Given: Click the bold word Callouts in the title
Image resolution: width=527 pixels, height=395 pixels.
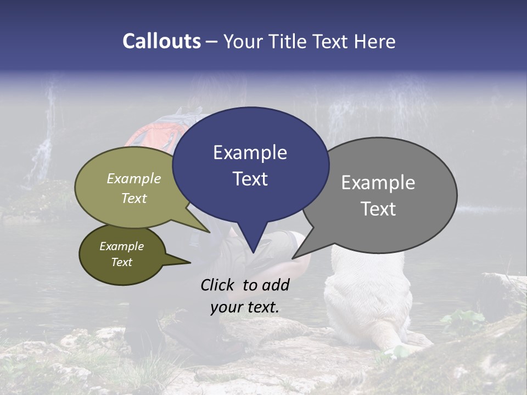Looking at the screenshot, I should [x=161, y=41].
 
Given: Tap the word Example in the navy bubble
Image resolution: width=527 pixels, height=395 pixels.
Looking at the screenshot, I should [x=250, y=153].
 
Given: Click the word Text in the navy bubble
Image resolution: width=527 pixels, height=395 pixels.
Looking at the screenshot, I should [x=250, y=179].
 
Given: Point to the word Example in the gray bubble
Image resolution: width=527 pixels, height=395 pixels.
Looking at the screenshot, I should [x=378, y=183].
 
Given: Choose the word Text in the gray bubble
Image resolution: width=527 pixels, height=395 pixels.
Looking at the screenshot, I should [x=378, y=209].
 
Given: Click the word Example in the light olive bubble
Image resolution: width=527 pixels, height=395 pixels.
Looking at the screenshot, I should [x=134, y=178].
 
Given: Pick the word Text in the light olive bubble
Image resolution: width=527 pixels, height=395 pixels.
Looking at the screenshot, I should [x=134, y=198].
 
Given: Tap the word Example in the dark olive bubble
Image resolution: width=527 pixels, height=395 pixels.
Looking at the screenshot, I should [x=121, y=246].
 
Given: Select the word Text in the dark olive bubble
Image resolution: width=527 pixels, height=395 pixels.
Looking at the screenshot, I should [x=121, y=262].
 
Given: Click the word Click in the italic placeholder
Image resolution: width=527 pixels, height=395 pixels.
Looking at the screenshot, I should [x=218, y=285].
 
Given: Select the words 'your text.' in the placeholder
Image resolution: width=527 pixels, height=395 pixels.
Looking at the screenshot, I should [x=245, y=307].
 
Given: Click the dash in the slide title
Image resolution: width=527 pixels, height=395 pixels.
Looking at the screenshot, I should [x=212, y=42].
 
